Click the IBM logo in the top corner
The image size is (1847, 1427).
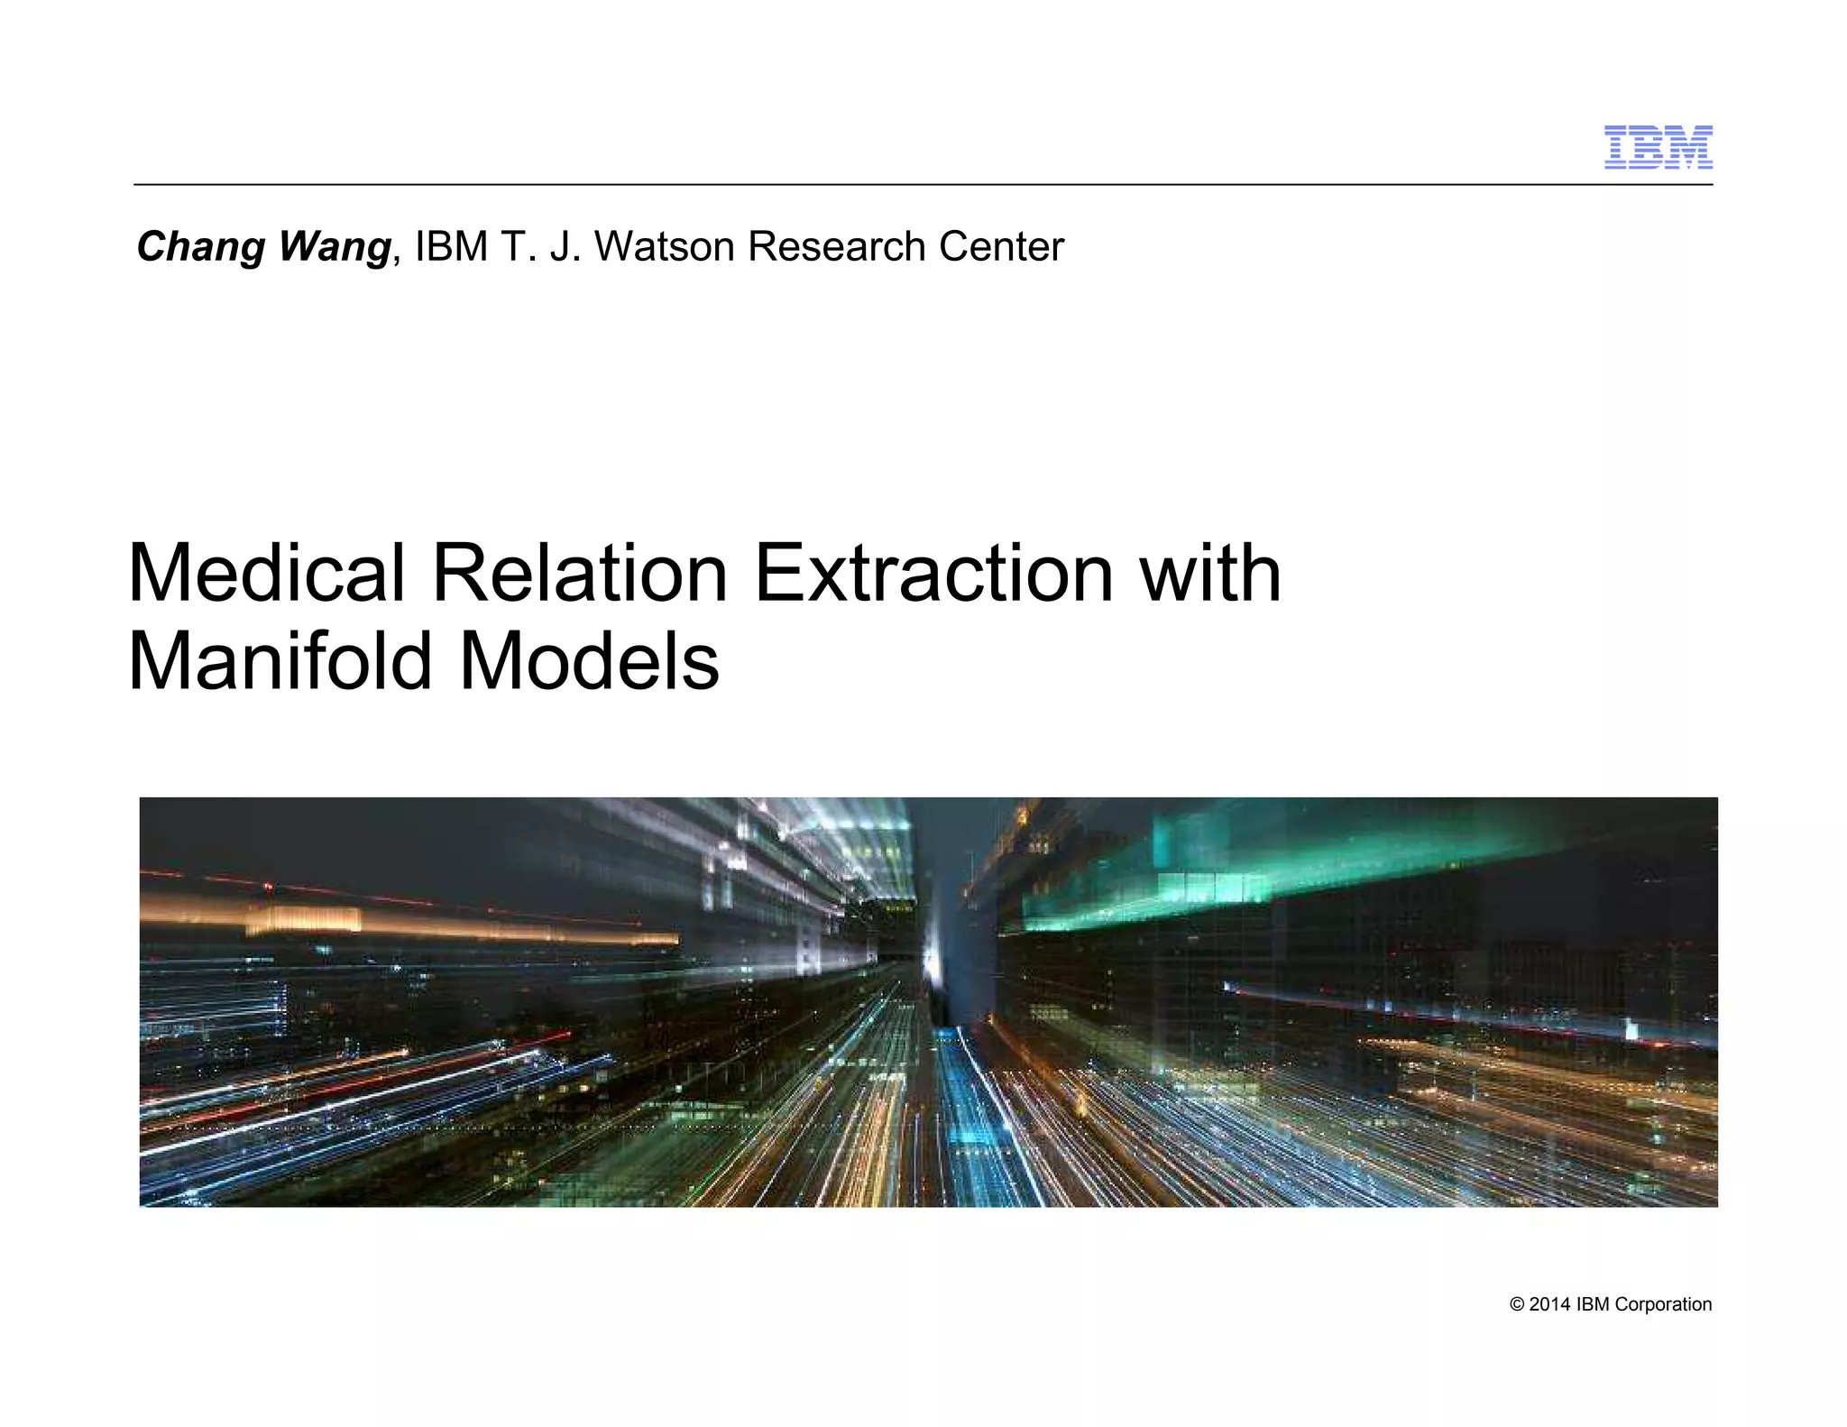[1658, 147]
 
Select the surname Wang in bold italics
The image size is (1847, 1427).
[334, 247]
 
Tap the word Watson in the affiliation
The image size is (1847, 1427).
[666, 247]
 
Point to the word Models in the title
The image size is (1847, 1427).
[590, 661]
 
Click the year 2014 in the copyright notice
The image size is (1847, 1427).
[1548, 1304]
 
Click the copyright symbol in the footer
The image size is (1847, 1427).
[1517, 1304]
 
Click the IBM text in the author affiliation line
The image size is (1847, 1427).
[451, 247]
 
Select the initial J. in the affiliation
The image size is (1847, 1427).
[562, 247]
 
